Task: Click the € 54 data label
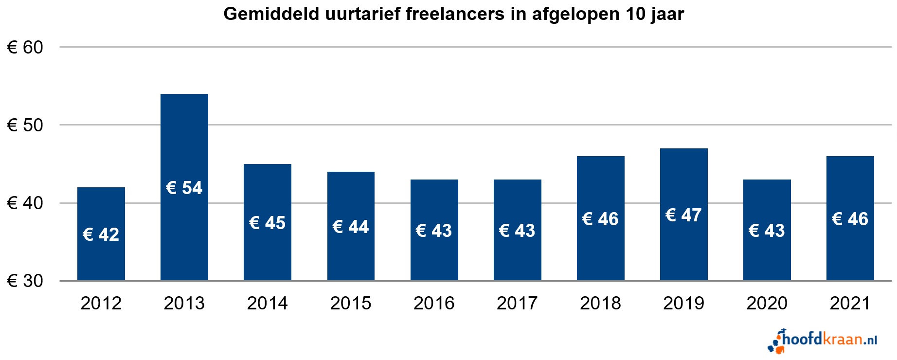point(184,188)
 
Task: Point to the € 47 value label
point(683,215)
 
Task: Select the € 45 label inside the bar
point(268,223)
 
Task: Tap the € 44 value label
point(351,227)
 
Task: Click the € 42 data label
point(101,234)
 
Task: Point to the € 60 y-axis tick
point(25,47)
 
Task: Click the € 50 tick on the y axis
point(25,125)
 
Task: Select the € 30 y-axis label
point(25,281)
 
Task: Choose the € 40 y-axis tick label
point(25,203)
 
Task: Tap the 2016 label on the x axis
point(434,303)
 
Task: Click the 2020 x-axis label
point(767,303)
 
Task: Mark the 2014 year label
point(268,303)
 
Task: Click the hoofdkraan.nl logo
point(823,340)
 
